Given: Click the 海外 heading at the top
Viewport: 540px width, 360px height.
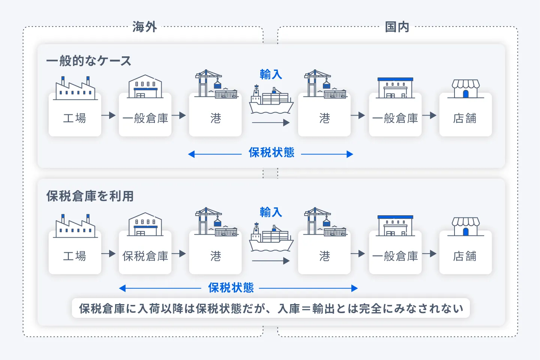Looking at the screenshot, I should pyautogui.click(x=144, y=27).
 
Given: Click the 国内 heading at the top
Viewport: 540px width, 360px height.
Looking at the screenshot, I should pyautogui.click(x=397, y=27).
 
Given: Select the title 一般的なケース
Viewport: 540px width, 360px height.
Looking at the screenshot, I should pyautogui.click(x=89, y=61).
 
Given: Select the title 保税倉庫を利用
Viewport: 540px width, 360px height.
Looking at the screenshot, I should pyautogui.click(x=90, y=196).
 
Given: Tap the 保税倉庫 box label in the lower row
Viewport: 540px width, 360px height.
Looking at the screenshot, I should pyautogui.click(x=145, y=256).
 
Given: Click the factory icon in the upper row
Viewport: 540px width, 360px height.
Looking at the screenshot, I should pyautogui.click(x=75, y=88).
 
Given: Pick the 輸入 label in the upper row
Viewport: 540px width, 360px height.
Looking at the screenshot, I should pyautogui.click(x=271, y=74).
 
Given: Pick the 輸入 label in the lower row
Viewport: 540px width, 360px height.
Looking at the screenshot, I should pyautogui.click(x=271, y=212).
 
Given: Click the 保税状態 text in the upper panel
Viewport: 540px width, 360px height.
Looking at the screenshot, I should pyautogui.click(x=271, y=153).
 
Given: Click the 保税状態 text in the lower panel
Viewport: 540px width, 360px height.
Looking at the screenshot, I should pyautogui.click(x=231, y=288).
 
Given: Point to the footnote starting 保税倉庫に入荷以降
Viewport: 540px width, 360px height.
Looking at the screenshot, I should pyautogui.click(x=271, y=308).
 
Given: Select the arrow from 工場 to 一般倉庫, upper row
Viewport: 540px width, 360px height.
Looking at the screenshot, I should pyautogui.click(x=108, y=115).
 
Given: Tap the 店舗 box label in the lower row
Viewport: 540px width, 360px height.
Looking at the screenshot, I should pyautogui.click(x=465, y=256).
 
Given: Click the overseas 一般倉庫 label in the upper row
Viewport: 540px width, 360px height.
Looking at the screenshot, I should pyautogui.click(x=145, y=118).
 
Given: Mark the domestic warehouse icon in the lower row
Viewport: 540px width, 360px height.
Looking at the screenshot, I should pyautogui.click(x=395, y=225).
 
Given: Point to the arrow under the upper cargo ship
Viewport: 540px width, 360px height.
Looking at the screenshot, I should pyautogui.click(x=271, y=123).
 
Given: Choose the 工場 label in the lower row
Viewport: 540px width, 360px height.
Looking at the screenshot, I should pyautogui.click(x=75, y=256).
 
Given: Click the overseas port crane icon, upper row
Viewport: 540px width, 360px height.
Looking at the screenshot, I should pyautogui.click(x=216, y=84).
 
